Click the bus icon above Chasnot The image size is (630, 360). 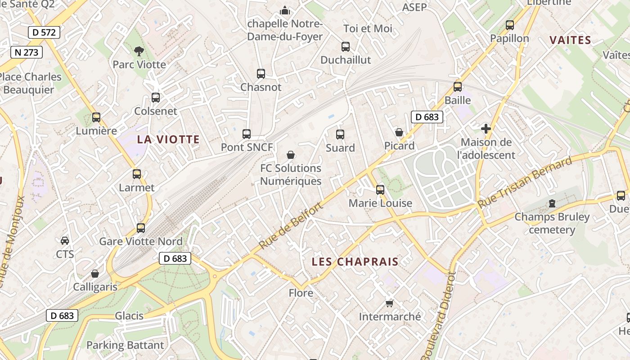click(261, 74)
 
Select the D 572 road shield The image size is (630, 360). click(44, 32)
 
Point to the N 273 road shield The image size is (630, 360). click(27, 52)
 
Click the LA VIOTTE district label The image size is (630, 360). click(168, 139)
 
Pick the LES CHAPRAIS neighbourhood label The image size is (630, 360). click(355, 262)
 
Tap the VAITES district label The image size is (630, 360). click(570, 40)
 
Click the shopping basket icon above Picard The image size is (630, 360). click(399, 132)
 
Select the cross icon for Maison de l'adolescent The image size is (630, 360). click(486, 129)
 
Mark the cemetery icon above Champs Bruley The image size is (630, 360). click(552, 203)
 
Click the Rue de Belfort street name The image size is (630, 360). click(291, 226)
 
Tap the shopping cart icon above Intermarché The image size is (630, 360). click(389, 303)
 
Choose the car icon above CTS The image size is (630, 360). click(65, 240)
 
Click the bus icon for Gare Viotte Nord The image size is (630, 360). click(141, 228)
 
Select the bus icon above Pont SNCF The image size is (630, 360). click(246, 134)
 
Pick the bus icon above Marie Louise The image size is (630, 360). click(380, 190)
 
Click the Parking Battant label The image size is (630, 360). click(125, 346)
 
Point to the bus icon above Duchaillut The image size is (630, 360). click(345, 46)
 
